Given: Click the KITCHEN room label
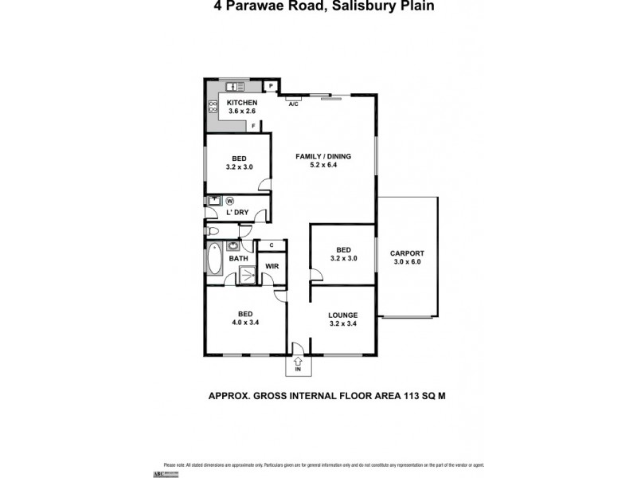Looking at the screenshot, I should coord(242,104).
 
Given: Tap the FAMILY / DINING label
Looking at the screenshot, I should coord(323,156).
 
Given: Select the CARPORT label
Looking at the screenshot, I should coord(407,253).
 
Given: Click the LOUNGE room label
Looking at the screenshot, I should coord(342,315).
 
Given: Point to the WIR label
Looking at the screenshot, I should coord(271,266).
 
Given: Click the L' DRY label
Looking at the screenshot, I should coord(238,213).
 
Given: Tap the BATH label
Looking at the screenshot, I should coord(239,258).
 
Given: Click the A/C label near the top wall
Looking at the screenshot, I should coord(293,104).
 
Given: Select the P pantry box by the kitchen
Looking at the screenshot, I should coord(271,86).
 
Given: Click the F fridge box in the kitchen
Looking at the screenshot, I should coord(253,126).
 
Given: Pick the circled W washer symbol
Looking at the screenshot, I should coord(230,201).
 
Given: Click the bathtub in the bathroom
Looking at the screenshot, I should coord(216,261).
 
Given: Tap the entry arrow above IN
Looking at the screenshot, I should coord(298,361).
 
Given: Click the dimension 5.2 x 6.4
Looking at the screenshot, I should coord(323,167).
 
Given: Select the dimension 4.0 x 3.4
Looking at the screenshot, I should coord(246,323).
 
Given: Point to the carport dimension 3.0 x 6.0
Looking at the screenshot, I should coord(407,263).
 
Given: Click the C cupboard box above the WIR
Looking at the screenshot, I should coord(272,245).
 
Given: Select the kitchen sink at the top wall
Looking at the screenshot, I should coord(233,86).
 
